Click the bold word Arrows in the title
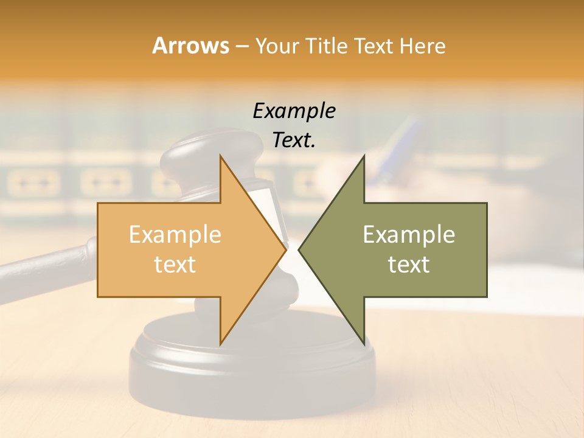[190, 46]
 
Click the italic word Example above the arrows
[294, 111]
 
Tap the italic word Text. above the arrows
[294, 141]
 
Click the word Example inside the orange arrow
[175, 235]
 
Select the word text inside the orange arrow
[175, 265]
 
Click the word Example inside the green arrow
[409, 235]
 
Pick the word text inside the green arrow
[409, 265]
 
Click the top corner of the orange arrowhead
[220, 156]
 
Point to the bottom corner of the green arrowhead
[364, 344]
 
